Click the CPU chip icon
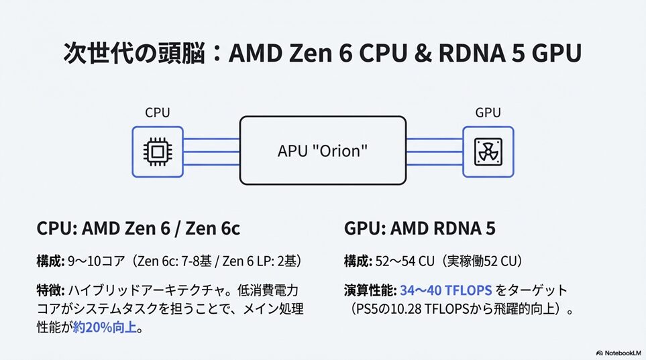tap(157, 152)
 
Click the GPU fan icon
tap(488, 152)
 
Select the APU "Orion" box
tap(323, 151)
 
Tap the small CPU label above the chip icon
tap(157, 113)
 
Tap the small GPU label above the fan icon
tap(488, 113)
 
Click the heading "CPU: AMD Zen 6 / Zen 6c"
tap(138, 229)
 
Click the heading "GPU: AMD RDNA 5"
tap(420, 229)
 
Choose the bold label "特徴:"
tap(50, 290)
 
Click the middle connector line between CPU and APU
tap(211, 152)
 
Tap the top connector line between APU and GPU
tap(434, 139)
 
